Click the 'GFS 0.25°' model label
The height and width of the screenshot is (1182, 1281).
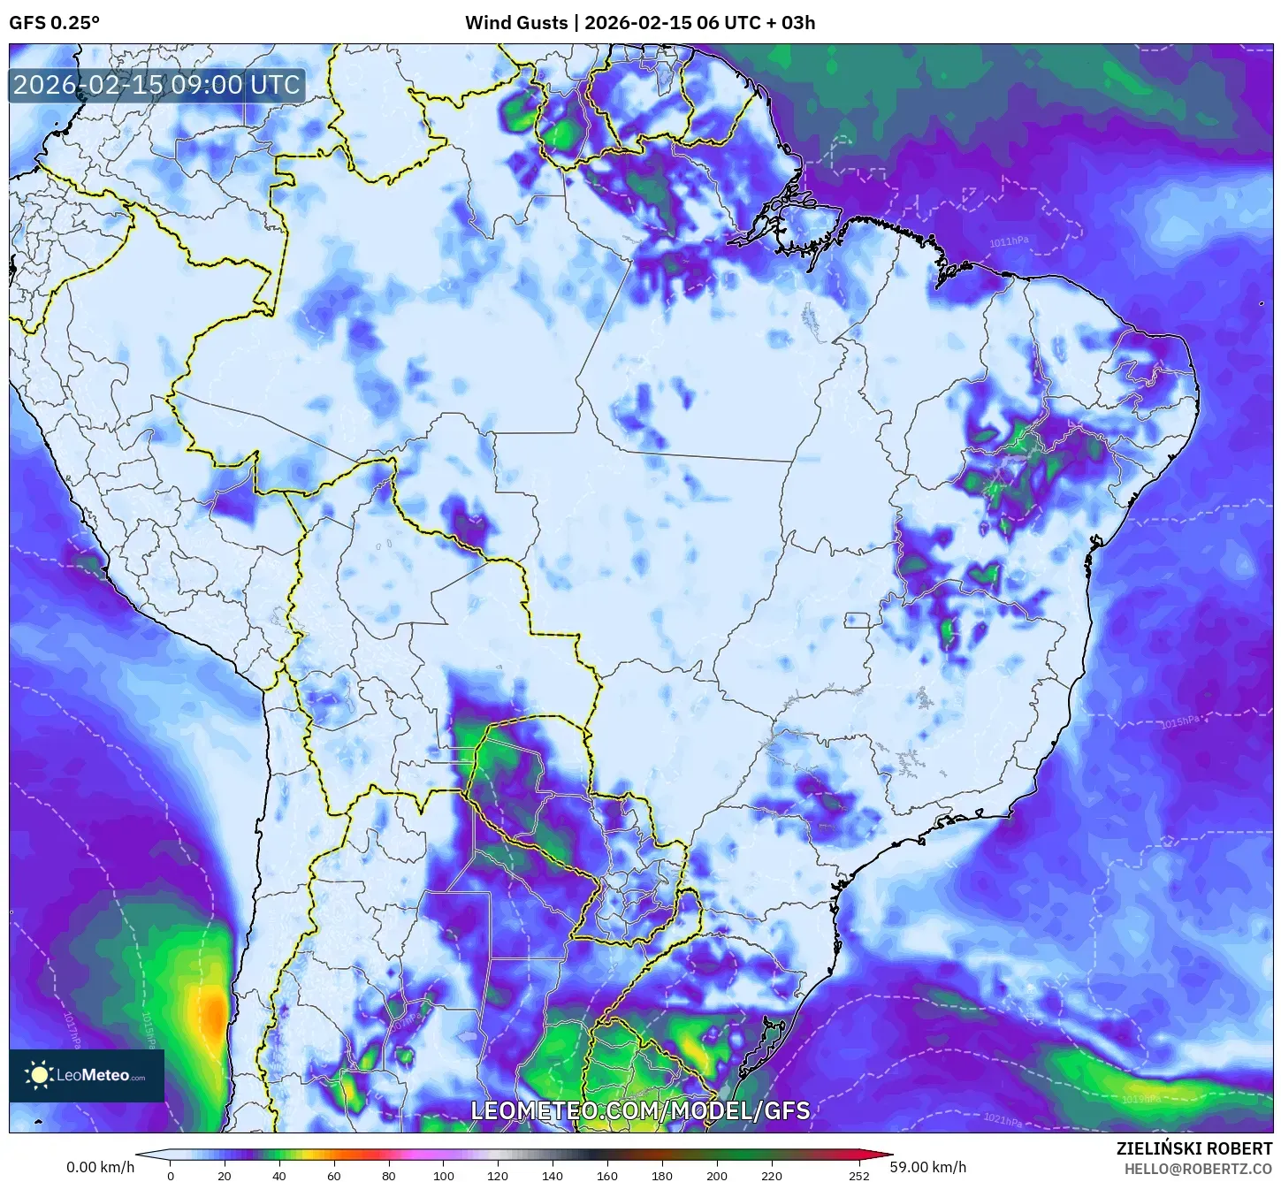tap(54, 23)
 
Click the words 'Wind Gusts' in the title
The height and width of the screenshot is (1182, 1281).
tap(516, 23)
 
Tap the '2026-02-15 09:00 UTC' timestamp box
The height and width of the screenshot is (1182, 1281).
tap(157, 85)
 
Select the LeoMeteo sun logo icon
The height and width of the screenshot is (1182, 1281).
tap(39, 1075)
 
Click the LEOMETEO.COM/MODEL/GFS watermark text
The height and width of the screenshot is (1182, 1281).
tap(640, 1110)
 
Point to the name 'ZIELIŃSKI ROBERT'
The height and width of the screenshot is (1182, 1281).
tap(1193, 1149)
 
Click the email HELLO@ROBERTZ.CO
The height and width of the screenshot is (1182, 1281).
tap(1198, 1169)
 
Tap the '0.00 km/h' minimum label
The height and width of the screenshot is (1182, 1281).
tap(101, 1167)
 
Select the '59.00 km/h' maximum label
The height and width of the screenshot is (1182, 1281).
tap(928, 1167)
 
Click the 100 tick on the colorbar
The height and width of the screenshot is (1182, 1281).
tap(444, 1176)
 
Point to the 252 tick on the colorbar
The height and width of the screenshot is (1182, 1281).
tap(859, 1176)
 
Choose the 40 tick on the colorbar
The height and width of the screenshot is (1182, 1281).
tap(279, 1176)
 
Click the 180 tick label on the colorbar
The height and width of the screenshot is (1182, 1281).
tap(662, 1176)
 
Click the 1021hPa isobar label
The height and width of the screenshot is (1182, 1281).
tap(1003, 1120)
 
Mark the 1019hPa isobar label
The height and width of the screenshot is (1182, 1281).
tap(1140, 1099)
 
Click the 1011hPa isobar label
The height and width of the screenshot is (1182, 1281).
tap(1009, 241)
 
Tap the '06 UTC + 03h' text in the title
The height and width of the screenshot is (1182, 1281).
tap(756, 23)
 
